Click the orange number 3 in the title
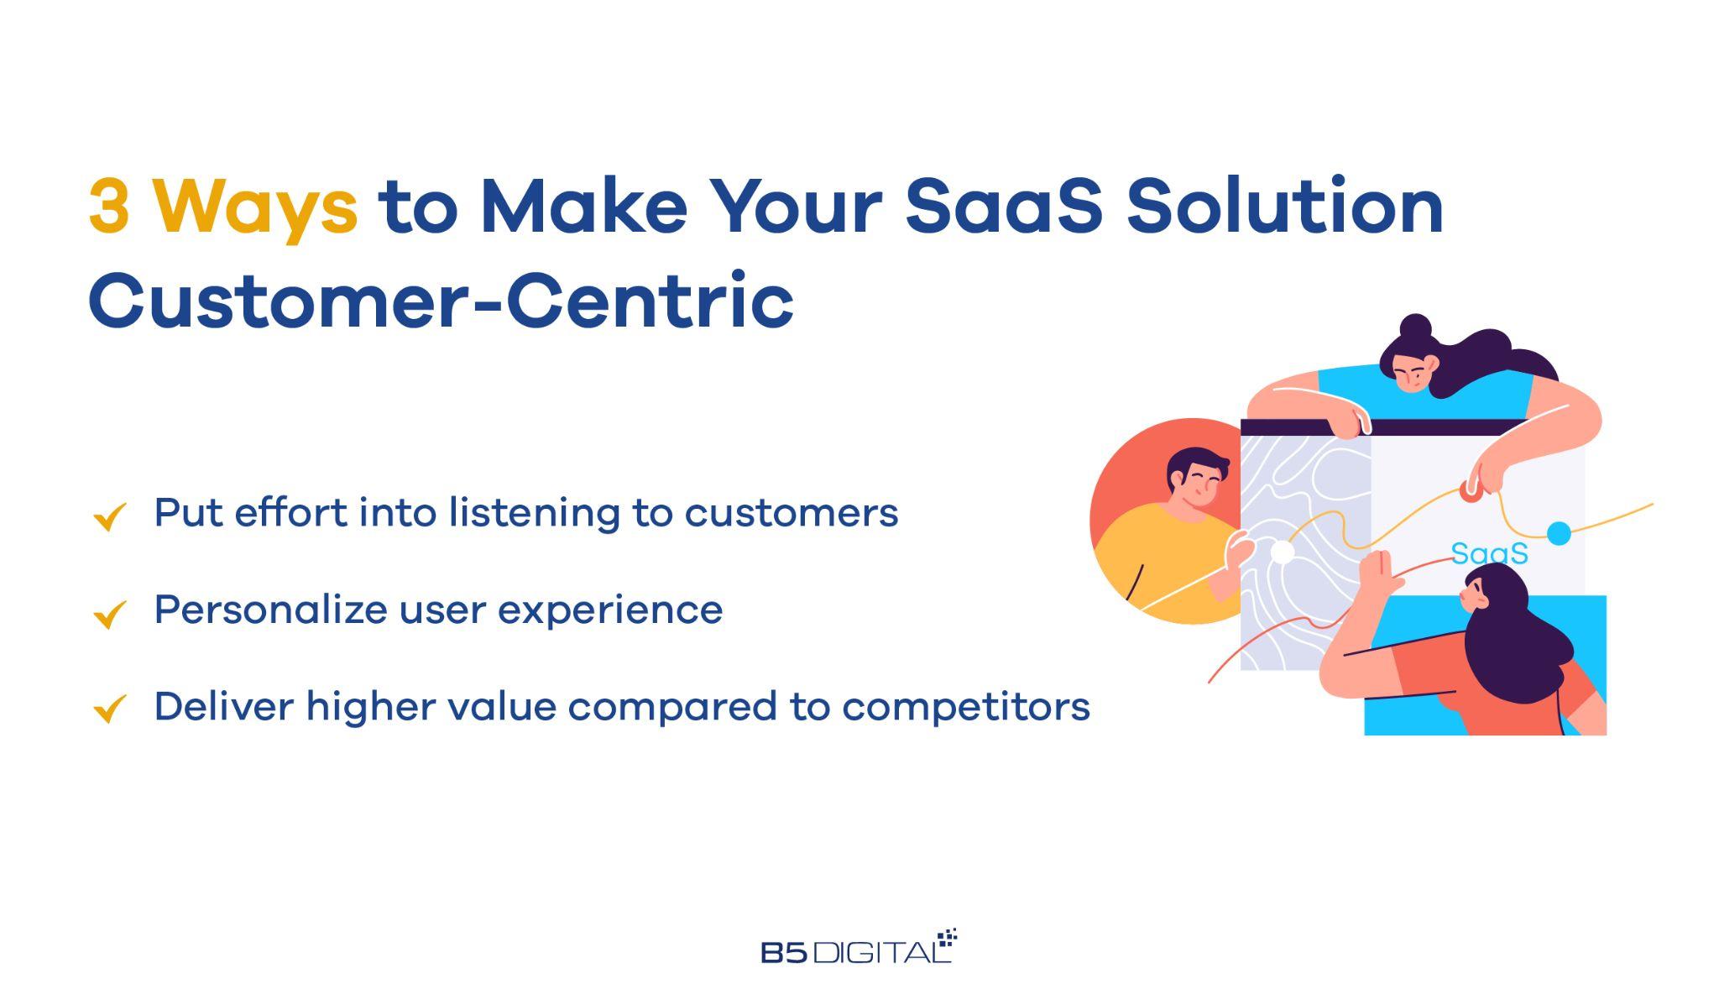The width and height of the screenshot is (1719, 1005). point(109,207)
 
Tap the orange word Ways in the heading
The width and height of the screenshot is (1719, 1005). point(256,210)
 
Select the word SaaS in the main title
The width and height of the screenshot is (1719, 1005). point(1004,207)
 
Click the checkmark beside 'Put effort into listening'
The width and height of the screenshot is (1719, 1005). point(110,516)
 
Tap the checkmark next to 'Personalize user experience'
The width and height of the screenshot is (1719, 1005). point(110,614)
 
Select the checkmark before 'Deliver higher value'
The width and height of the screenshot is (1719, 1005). point(110,708)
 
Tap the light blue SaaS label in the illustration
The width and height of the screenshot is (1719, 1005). point(1490,553)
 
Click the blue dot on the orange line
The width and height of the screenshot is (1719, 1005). point(1559,533)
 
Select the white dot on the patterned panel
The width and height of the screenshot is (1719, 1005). point(1282,552)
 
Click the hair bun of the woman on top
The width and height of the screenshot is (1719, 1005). point(1416,327)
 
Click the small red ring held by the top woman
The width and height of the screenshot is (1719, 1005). point(1470,490)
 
